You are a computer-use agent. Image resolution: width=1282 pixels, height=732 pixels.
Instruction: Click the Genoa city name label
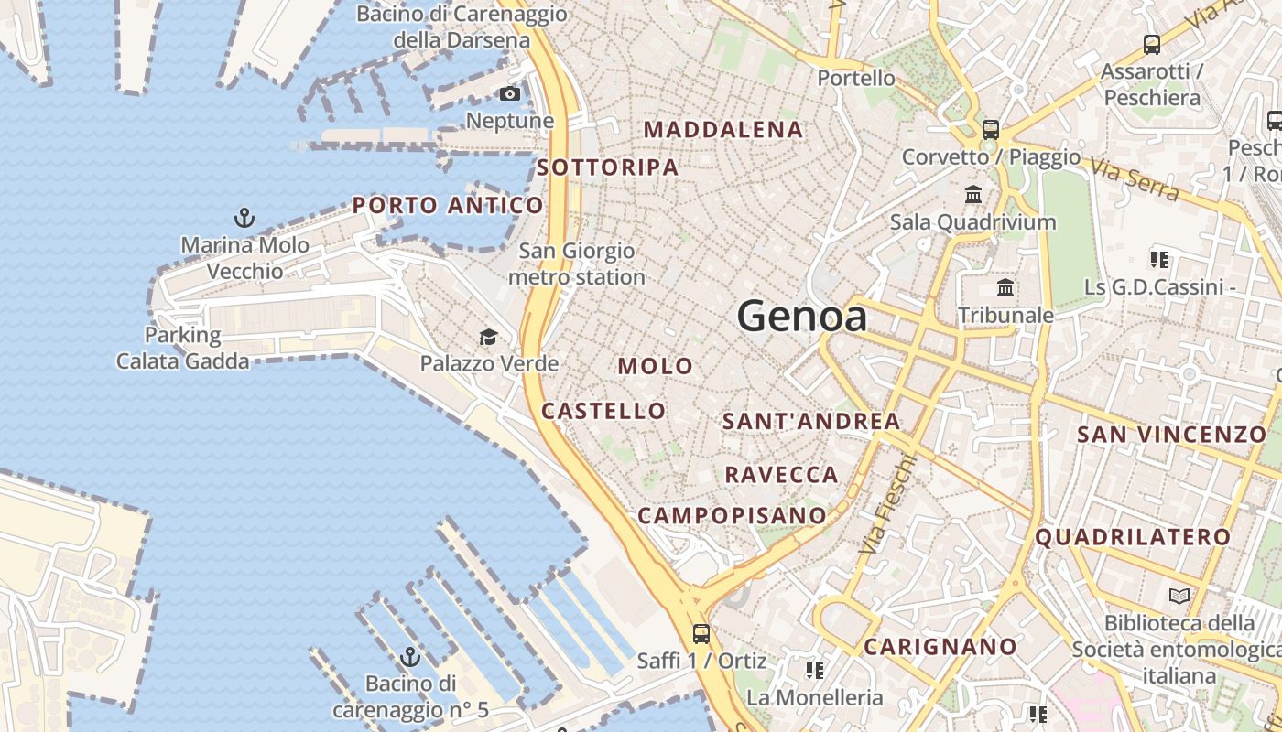click(802, 317)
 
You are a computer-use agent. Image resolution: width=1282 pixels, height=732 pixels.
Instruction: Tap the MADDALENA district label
click(723, 130)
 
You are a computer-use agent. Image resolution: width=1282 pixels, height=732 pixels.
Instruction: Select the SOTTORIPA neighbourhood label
click(608, 167)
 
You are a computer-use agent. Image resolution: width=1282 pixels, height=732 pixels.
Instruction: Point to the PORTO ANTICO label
click(448, 205)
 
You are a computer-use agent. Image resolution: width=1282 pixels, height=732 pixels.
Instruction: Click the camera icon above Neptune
click(510, 93)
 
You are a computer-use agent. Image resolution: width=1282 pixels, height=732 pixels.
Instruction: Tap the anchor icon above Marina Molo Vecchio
click(244, 218)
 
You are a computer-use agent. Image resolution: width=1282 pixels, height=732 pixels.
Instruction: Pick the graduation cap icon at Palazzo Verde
click(489, 338)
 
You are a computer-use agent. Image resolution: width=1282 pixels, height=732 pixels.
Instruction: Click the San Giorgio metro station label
click(577, 264)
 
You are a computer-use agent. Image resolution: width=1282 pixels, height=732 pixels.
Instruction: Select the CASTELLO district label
click(603, 411)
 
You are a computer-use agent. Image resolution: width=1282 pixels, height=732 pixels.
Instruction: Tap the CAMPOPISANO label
click(733, 516)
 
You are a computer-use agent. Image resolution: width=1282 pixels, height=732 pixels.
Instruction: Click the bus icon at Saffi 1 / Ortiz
click(701, 633)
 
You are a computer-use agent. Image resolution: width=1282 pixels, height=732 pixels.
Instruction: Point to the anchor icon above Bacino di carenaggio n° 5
click(410, 657)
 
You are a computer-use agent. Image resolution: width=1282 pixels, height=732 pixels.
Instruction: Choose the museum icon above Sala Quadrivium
click(973, 195)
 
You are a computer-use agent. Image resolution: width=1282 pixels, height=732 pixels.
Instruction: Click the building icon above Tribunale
click(1005, 288)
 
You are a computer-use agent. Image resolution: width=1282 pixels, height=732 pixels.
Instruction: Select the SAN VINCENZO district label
click(1171, 435)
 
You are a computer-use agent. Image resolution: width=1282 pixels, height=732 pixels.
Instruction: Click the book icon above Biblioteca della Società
click(1179, 597)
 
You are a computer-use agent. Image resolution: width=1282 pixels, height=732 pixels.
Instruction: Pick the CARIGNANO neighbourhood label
click(940, 647)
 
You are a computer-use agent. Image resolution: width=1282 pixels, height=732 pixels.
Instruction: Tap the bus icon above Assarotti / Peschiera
click(1152, 44)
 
